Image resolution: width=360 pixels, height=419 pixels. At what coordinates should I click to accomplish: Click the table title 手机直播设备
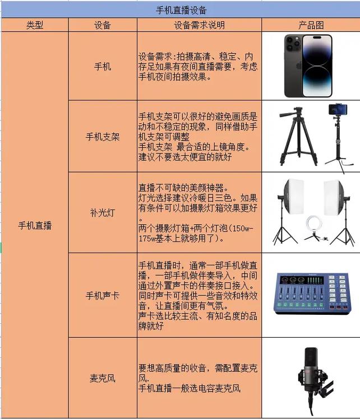click(181, 10)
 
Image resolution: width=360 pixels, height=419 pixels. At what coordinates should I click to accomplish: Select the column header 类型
click(34, 25)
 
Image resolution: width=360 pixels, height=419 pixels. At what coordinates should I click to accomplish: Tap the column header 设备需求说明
click(199, 25)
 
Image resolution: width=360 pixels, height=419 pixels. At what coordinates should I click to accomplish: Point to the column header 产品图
click(311, 25)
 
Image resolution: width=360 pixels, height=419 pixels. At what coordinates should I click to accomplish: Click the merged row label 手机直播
click(34, 225)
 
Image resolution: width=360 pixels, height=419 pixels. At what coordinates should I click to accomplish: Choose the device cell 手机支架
click(103, 136)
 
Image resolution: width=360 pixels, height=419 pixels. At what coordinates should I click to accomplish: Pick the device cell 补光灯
click(103, 213)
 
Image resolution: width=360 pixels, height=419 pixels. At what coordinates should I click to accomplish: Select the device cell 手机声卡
click(103, 295)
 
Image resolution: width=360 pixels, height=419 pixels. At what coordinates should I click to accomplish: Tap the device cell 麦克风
click(103, 378)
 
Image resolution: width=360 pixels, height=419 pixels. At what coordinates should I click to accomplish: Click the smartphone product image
click(308, 66)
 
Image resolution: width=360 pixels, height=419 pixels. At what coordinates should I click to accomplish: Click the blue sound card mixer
click(311, 295)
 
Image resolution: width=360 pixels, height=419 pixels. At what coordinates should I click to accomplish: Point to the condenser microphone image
click(310, 373)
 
